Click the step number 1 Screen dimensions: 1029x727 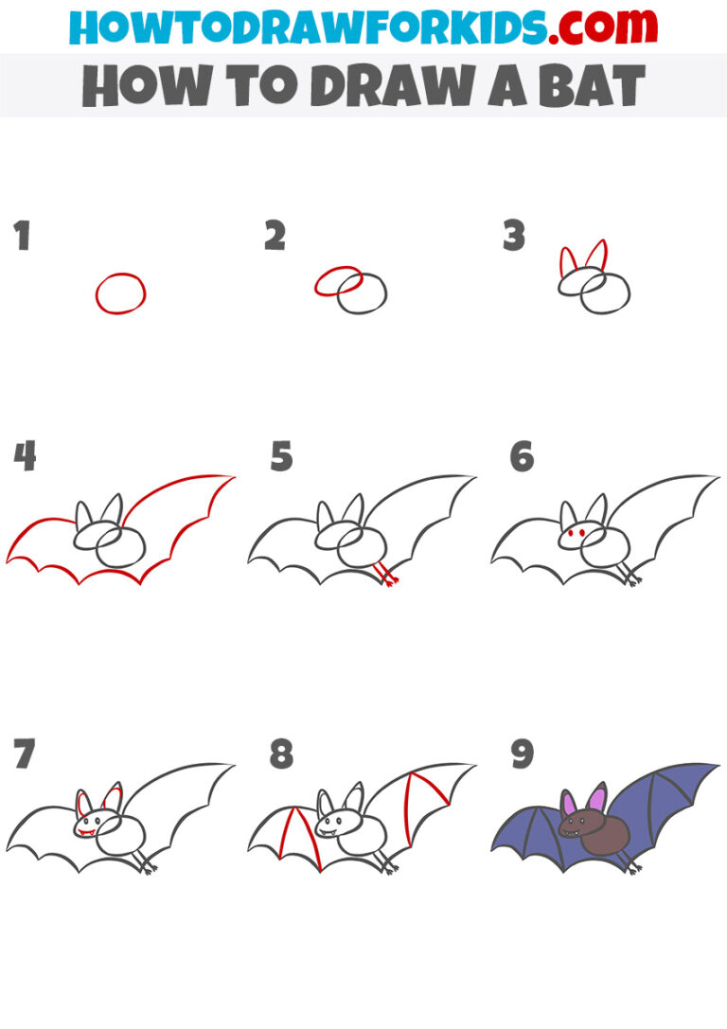pos(22,236)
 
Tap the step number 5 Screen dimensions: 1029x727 pos(281,457)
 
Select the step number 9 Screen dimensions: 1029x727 pos(523,755)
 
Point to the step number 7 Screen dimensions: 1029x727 pos(25,755)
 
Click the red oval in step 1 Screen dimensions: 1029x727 pos(120,293)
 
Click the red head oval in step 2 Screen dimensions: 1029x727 pos(338,280)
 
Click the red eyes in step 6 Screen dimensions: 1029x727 pos(573,537)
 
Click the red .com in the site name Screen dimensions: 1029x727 pos(593,26)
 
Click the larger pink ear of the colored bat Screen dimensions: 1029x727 pos(597,798)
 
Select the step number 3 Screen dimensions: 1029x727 pos(513,236)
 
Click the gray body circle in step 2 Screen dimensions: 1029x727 pos(364,294)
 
